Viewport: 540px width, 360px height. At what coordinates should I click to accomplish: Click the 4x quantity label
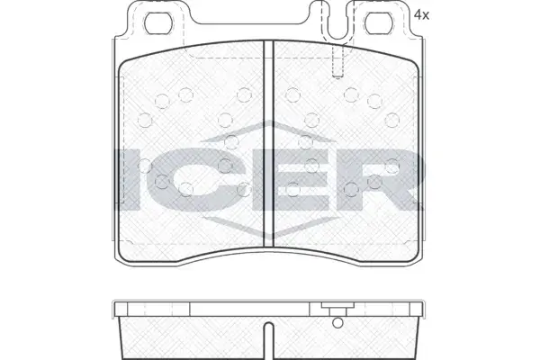coord(421,14)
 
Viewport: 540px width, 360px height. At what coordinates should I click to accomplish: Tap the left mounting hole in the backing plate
coord(158,23)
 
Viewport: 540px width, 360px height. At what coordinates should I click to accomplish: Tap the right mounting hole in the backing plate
coord(379,23)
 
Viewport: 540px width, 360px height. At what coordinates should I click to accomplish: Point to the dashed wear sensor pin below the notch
coord(337,61)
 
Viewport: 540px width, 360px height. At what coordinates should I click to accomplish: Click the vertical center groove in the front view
coord(268,144)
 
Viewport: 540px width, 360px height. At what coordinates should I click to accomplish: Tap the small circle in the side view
coord(337,323)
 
